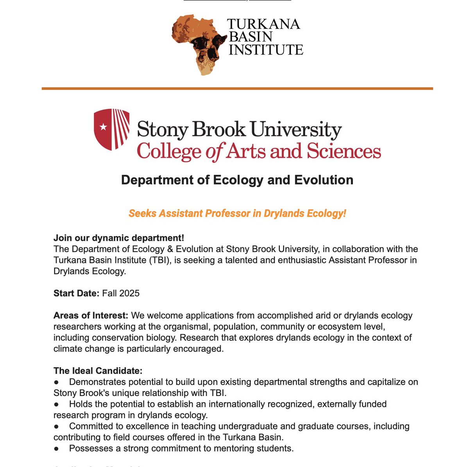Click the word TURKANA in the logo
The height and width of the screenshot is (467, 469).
point(263,24)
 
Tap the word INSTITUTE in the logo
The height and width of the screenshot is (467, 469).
point(266,50)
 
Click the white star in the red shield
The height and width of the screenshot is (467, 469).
point(103,127)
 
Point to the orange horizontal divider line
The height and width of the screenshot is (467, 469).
point(237,89)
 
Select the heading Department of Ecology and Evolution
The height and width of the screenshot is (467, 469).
point(237,180)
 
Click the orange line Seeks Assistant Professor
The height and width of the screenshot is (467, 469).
point(237,213)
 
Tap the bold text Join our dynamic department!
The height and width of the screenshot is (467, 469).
point(119,238)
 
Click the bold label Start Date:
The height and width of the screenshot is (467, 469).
point(77,293)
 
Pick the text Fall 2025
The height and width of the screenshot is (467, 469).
point(121,293)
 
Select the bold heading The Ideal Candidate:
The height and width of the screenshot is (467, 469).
point(98,370)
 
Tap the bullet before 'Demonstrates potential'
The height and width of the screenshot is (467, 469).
point(56,382)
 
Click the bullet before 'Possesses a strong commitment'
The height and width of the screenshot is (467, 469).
point(56,449)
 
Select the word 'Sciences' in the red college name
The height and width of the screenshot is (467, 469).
point(344,151)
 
